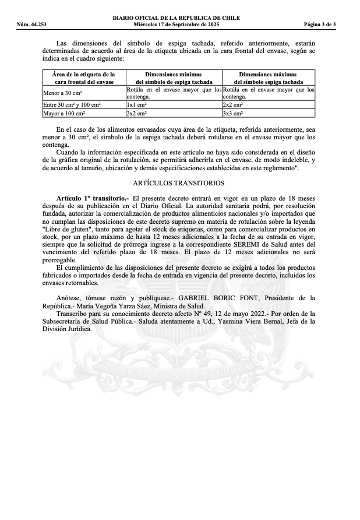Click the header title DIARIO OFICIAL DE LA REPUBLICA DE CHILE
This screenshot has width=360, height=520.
176,18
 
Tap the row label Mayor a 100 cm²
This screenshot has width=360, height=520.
63,114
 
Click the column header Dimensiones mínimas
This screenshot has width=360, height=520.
174,75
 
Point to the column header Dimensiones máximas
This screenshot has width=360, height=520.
268,75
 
